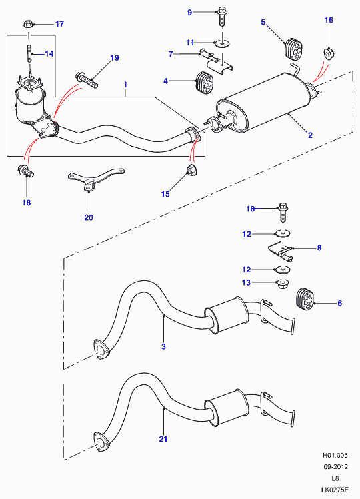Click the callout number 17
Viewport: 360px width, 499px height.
59,24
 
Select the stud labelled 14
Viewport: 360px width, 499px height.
29,53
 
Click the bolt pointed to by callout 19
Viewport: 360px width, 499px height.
87,80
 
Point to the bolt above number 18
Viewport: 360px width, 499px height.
26,171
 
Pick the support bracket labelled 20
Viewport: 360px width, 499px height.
95,179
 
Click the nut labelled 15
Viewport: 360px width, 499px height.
191,171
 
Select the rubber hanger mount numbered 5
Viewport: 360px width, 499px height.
293,49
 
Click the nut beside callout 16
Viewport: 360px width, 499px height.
329,53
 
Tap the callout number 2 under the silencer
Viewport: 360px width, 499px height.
310,135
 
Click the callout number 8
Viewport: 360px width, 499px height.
319,248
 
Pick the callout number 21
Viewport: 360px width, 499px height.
163,439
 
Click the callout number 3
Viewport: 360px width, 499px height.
163,346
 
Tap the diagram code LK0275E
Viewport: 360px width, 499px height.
335,490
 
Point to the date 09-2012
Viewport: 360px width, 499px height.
336,467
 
